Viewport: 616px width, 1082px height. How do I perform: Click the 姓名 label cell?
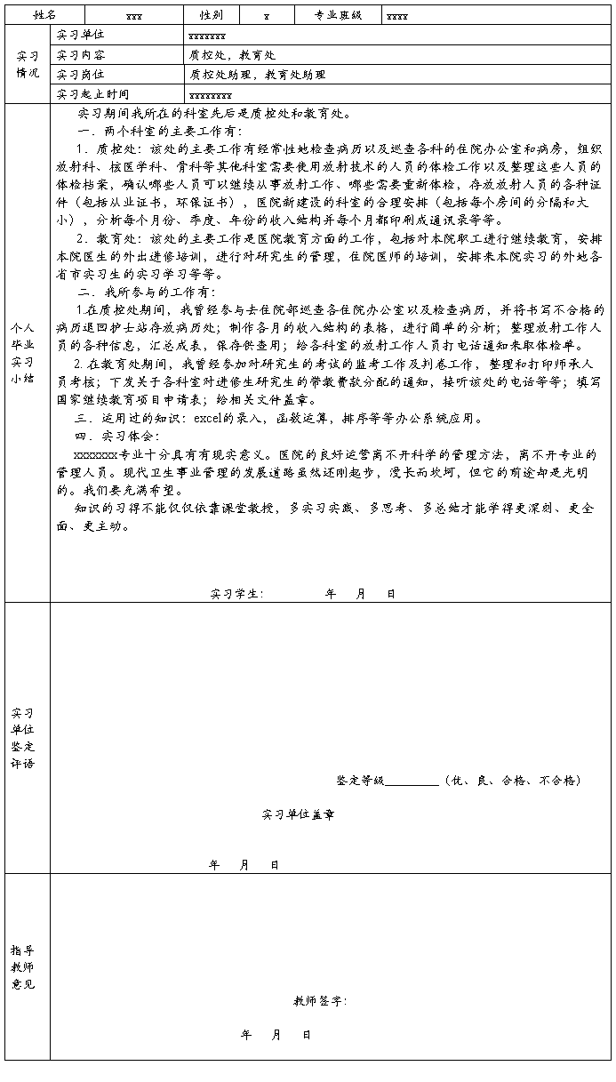(x=44, y=15)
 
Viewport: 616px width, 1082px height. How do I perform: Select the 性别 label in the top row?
(x=211, y=15)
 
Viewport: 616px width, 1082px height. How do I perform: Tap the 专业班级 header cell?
(x=338, y=15)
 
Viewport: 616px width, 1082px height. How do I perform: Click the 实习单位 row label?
(x=80, y=36)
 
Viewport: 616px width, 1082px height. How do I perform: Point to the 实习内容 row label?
(x=80, y=55)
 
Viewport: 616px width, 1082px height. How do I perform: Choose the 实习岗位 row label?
(x=80, y=75)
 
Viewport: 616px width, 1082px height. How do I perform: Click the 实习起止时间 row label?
(x=92, y=94)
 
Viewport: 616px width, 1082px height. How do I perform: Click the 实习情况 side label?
(x=27, y=64)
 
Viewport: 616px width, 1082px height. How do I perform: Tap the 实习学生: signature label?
(x=236, y=593)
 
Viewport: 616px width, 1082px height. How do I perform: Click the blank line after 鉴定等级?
(x=412, y=781)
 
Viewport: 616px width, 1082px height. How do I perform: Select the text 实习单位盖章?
(x=298, y=814)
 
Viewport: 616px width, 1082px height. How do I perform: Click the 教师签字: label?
(x=320, y=1001)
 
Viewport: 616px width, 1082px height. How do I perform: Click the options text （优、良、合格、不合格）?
(x=513, y=781)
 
